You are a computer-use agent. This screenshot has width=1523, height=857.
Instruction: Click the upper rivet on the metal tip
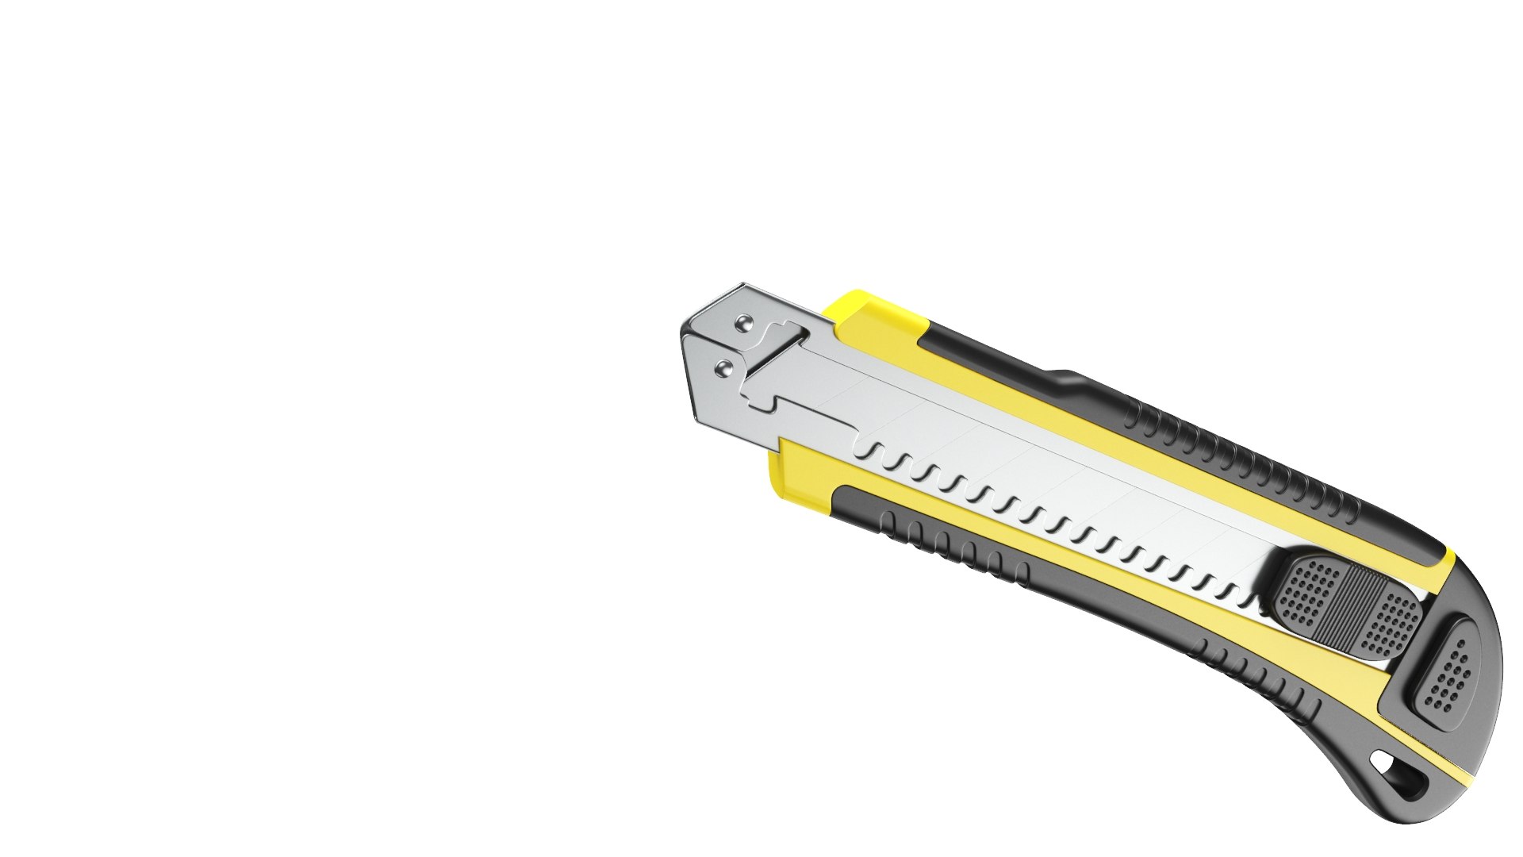point(743,322)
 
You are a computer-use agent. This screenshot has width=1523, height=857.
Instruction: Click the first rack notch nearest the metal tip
point(872,452)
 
